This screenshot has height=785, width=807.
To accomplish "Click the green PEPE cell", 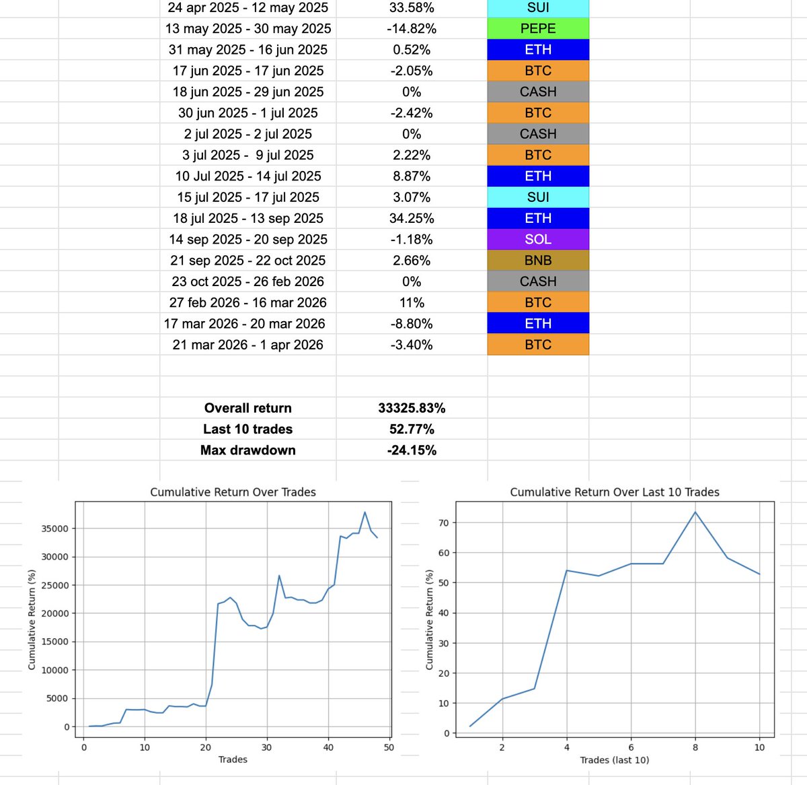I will pos(538,28).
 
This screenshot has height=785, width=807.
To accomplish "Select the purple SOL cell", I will pos(538,239).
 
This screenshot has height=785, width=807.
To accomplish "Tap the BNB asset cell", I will pos(538,261).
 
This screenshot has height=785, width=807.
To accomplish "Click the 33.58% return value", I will pos(412,7).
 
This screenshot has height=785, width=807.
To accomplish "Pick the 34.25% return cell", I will pos(412,218).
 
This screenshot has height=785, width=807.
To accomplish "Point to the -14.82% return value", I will pos(412,28).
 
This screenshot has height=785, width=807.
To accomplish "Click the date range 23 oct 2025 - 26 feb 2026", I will pos(248,281).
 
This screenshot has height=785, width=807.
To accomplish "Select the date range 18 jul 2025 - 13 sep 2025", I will pos(248,218).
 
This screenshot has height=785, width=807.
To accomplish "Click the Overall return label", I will pos(248,408).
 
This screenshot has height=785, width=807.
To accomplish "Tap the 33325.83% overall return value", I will pos(412,408).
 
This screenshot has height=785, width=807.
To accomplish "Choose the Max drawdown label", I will pos(248,450).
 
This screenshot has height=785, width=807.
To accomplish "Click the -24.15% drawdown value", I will pos(412,450).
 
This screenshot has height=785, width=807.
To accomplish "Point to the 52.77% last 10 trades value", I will pos(412,429).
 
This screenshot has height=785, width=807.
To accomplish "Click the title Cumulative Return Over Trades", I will pos(233,492).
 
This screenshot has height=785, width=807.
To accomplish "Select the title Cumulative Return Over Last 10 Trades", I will pos(615,492).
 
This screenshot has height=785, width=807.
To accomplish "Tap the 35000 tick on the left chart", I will pos(55,528).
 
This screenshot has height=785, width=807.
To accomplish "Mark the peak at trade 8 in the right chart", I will pos(695,512).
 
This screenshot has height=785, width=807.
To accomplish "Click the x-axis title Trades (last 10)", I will pos(615,760).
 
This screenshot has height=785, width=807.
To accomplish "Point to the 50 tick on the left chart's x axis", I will pos(389,747).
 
